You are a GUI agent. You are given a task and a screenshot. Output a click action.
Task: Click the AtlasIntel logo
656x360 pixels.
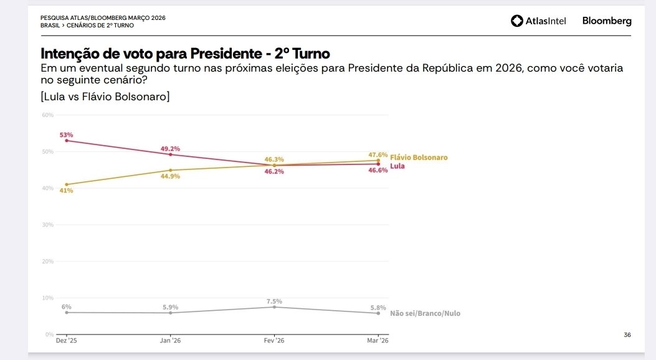click(538, 21)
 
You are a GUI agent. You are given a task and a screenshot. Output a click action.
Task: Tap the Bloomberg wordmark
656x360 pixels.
click(606, 21)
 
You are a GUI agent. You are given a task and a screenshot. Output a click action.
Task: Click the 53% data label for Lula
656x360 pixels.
click(67, 135)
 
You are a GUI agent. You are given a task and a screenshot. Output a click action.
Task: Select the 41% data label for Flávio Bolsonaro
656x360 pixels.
click(67, 191)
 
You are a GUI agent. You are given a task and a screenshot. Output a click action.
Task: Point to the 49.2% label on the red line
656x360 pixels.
click(170, 149)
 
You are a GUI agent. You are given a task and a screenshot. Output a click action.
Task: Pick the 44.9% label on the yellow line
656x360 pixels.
click(170, 176)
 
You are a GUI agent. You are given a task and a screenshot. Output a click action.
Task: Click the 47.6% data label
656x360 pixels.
click(378, 154)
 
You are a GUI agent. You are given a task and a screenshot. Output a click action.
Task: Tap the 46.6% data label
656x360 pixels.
click(378, 170)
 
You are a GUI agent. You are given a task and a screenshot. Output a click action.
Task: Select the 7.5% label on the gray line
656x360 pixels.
click(274, 301)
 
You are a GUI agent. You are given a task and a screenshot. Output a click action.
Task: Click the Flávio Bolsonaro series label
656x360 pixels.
click(419, 158)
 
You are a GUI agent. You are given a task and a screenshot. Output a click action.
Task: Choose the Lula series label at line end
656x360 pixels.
click(397, 166)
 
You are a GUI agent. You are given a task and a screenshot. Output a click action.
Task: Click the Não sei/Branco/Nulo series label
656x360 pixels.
click(425, 313)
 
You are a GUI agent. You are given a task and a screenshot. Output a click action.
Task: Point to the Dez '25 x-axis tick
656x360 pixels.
click(67, 341)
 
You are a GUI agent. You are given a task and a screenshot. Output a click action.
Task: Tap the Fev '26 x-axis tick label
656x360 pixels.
click(274, 341)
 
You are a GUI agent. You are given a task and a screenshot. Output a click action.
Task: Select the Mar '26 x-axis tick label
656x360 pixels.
click(378, 341)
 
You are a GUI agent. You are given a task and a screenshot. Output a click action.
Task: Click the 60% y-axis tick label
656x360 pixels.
click(48, 115)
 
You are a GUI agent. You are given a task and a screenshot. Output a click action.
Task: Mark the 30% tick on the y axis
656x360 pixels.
click(48, 225)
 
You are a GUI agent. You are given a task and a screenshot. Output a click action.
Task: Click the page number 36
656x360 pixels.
click(627, 335)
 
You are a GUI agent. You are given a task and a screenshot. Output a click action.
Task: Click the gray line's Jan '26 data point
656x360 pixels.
click(170, 313)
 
